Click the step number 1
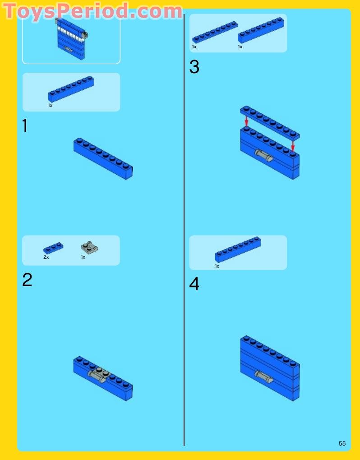[25, 125]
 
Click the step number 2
[27, 280]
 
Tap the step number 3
[194, 67]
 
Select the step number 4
[194, 283]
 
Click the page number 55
[342, 443]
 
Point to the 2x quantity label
[46, 257]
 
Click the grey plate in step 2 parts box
[89, 247]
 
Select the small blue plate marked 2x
[53, 248]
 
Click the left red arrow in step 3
[247, 121]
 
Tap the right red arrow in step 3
[293, 145]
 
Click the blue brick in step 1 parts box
[71, 89]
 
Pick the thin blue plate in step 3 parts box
[215, 32]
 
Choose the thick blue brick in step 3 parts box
[261, 30]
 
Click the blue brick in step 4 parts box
[238, 249]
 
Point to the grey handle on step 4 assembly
[263, 377]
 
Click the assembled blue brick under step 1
[103, 158]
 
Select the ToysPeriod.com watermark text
[92, 11]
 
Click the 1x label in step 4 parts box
[217, 266]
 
